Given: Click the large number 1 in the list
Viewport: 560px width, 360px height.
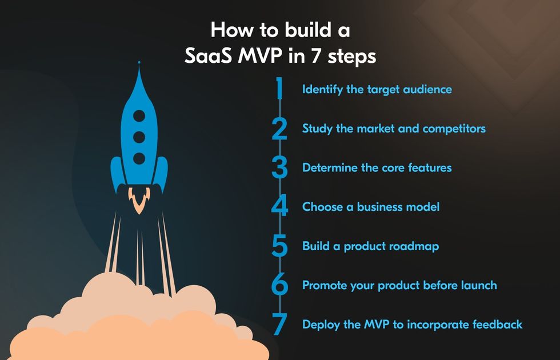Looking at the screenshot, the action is (x=279, y=88).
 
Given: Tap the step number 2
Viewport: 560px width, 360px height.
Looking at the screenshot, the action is (x=279, y=129).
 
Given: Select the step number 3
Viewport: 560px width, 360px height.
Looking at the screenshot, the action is (x=279, y=167).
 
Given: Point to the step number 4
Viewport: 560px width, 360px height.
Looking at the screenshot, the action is (x=279, y=206).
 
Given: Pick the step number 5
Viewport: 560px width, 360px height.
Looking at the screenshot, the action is (x=279, y=246).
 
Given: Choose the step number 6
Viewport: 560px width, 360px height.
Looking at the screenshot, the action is (x=279, y=285).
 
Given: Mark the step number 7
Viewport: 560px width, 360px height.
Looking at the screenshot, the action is (x=279, y=324).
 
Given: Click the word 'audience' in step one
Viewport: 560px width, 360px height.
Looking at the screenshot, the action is (x=427, y=89).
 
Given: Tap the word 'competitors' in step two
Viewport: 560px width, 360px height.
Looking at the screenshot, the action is (x=454, y=129).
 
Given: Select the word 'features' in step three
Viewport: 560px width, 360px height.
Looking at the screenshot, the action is (x=430, y=167).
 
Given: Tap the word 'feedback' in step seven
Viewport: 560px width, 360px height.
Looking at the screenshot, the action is (x=497, y=325).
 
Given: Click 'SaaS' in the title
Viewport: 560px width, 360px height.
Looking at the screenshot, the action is (x=207, y=56).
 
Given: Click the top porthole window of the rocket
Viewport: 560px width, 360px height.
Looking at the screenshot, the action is (x=139, y=115).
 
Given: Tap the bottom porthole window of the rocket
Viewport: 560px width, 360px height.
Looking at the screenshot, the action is (x=139, y=158).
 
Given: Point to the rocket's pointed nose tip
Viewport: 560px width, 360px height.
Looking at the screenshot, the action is (x=139, y=62).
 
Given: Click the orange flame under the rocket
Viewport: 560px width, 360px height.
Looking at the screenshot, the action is (x=139, y=200).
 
